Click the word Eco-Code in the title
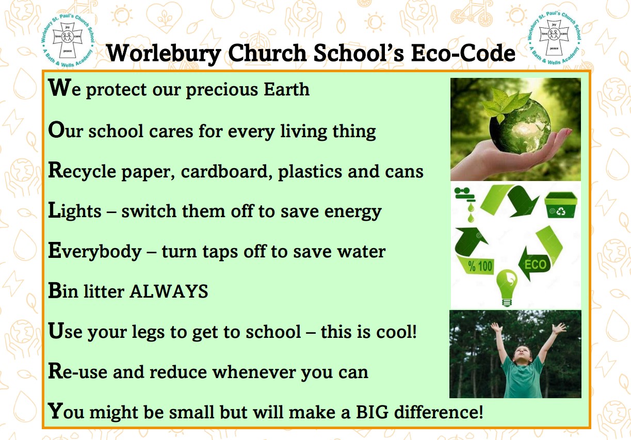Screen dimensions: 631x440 click(x=463, y=53)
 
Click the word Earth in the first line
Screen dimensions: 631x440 click(x=286, y=90)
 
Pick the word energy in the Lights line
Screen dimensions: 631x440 click(x=353, y=213)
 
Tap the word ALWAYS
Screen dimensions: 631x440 click(x=169, y=291)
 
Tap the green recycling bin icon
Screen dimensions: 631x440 click(x=561, y=205)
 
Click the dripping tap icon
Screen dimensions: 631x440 click(x=465, y=203)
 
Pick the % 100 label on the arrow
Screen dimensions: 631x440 click(x=480, y=266)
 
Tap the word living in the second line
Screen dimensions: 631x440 click(x=303, y=132)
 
